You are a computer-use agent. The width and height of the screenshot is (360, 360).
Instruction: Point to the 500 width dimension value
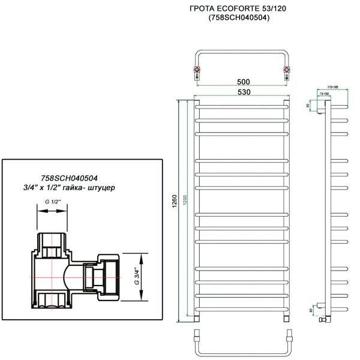243,82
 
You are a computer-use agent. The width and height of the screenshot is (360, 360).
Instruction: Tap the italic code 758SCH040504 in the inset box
68,178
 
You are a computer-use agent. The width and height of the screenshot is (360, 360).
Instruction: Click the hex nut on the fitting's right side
110,278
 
